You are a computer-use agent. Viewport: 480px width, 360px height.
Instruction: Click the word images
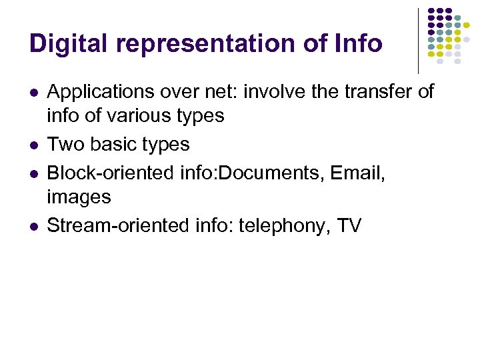[x=79, y=197]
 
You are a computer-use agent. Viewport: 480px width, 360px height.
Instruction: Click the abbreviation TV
[x=349, y=225]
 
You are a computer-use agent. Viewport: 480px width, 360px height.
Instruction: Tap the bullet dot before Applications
[x=33, y=92]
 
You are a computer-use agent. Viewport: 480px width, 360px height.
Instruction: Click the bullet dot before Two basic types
[x=33, y=145]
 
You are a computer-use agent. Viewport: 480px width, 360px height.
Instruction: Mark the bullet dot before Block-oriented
[x=33, y=173]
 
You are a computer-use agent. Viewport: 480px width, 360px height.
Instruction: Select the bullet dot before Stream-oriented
[x=33, y=226]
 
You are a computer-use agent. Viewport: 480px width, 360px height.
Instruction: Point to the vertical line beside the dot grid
[x=419, y=40]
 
